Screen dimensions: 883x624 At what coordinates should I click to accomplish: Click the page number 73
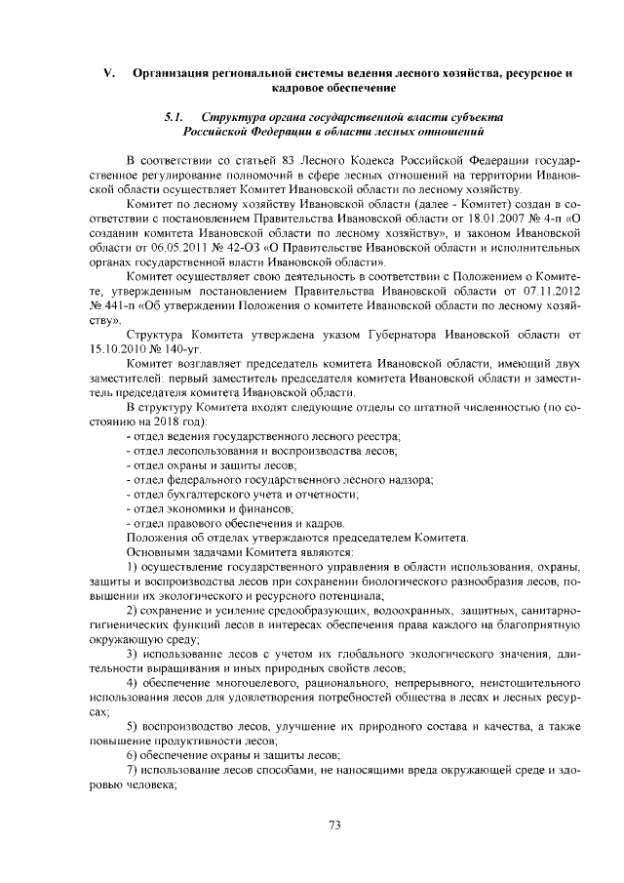333,825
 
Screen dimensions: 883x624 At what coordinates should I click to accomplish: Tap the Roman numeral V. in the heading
110,74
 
